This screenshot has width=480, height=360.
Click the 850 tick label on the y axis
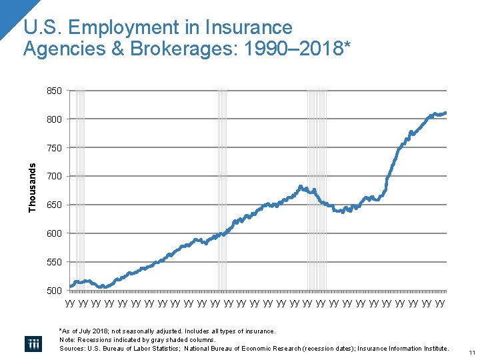click(x=54, y=91)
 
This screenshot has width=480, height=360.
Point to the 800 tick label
click(x=54, y=119)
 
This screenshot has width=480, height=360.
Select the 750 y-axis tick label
click(x=54, y=148)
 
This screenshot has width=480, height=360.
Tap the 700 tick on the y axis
click(x=54, y=177)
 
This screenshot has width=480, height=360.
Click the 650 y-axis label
click(x=54, y=205)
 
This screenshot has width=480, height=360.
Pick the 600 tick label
click(x=54, y=234)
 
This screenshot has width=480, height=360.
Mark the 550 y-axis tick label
click(x=54, y=263)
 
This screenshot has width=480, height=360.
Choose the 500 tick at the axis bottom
click(x=54, y=291)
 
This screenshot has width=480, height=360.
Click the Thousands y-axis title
click(x=33, y=189)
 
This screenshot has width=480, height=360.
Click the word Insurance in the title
click(x=249, y=28)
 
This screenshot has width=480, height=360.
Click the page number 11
click(x=471, y=353)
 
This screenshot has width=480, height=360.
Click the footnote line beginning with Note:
click(x=137, y=339)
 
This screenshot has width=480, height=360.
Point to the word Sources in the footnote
click(x=72, y=348)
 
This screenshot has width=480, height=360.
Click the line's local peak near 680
click(x=301, y=187)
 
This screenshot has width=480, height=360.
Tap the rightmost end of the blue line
click(x=445, y=113)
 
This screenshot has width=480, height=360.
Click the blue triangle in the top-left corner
click(x=9, y=12)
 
